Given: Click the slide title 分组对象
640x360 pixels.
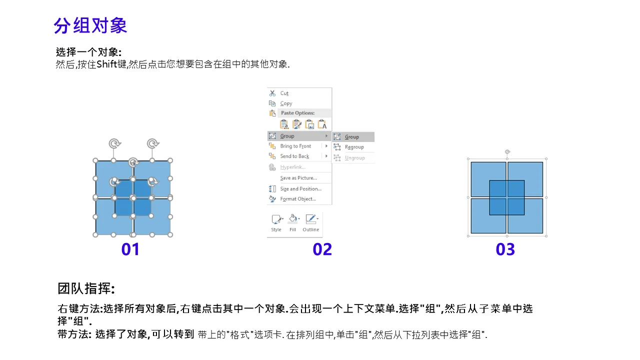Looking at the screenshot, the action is click(90, 25).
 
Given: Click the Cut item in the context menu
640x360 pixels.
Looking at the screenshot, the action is click(284, 93).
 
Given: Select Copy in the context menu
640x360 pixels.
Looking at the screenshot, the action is click(286, 103).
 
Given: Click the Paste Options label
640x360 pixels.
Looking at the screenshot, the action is click(297, 113).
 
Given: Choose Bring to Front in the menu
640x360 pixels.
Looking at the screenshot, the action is click(295, 146).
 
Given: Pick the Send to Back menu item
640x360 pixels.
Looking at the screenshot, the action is click(294, 156).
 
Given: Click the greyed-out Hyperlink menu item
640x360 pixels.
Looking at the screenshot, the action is click(293, 167).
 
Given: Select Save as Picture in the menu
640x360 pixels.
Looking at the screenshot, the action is click(298, 177).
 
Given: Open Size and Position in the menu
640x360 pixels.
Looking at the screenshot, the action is click(301, 188).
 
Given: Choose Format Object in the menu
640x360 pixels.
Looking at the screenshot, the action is click(298, 199).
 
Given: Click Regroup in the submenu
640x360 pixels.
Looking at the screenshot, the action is click(354, 147).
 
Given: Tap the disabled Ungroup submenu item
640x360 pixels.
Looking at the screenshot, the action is click(355, 157).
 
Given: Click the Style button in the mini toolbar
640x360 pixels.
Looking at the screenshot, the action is click(276, 223).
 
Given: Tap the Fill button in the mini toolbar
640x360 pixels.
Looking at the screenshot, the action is click(293, 223).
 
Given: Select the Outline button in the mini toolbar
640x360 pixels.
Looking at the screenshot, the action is click(311, 223).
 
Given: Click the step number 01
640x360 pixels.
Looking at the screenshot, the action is click(130, 249).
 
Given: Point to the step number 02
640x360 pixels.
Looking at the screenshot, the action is click(322, 249).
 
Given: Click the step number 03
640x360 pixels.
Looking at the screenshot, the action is click(505, 249).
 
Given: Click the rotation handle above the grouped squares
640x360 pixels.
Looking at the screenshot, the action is click(507, 151).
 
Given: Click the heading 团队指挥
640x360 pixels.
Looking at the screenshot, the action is click(86, 288).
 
